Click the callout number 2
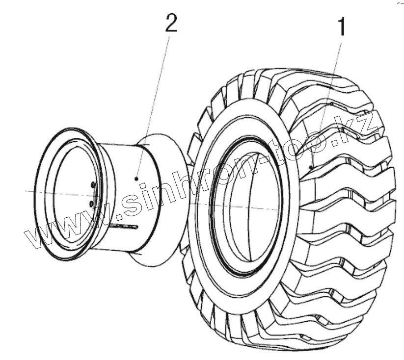click(170, 24)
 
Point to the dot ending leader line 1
click(312, 167)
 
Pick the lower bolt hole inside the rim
click(92, 203)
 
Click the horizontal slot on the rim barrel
click(123, 226)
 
